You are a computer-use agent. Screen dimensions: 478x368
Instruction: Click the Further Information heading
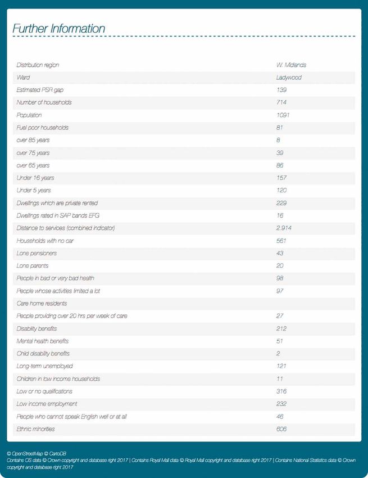(58, 29)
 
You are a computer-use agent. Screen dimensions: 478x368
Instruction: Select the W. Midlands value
(291, 65)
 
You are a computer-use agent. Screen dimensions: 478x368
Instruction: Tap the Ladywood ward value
(289, 78)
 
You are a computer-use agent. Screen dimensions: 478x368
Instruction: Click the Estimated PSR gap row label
(40, 90)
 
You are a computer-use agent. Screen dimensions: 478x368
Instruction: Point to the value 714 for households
(281, 102)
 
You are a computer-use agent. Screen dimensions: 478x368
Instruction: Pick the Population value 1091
(283, 115)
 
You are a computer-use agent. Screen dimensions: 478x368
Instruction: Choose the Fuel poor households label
(42, 128)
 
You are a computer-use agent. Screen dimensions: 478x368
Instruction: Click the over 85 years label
(33, 140)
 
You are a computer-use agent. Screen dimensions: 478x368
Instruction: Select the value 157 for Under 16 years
(281, 178)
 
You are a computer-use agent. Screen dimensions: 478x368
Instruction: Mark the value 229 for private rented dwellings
(281, 202)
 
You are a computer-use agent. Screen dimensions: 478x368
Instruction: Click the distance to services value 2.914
(284, 228)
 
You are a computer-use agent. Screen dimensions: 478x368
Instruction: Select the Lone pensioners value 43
(280, 253)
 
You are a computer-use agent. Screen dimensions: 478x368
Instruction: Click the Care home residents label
(42, 303)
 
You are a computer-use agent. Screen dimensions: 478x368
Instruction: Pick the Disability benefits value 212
(281, 328)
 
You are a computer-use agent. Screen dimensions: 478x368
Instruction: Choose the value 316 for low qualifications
(281, 391)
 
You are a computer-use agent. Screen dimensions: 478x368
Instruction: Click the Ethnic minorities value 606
(281, 429)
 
